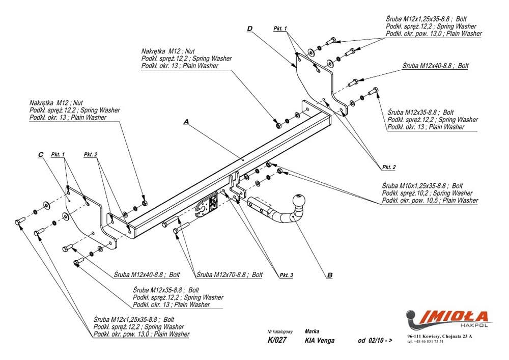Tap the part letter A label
[x=186, y=122]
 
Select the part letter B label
[x=329, y=275]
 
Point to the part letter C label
[x=40, y=155]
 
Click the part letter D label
[x=250, y=29]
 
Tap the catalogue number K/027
[x=276, y=341]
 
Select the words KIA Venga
[x=320, y=341]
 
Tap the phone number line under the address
[x=426, y=342]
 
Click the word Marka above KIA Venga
[x=312, y=330]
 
